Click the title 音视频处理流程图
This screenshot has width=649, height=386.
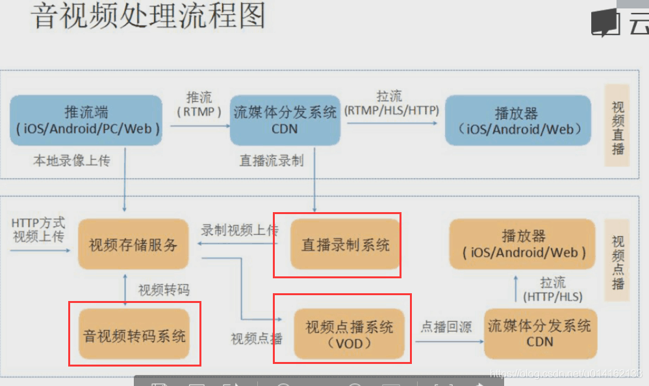149,16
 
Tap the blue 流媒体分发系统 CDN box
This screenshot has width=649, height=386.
285,120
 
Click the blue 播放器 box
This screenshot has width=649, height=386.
518,120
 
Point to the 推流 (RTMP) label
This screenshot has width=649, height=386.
199,104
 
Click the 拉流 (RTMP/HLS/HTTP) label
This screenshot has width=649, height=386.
391,104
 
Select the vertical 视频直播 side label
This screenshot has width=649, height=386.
617,127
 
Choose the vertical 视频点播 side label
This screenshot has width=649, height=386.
617,262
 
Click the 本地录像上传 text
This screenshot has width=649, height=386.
71,160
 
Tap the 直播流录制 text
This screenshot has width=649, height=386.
272,160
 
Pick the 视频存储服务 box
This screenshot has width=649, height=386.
133,245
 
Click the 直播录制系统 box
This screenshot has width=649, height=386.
345,245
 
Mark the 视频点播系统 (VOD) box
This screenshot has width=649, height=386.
350,334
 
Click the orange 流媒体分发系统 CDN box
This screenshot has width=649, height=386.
539,333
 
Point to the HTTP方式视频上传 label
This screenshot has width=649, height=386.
38,230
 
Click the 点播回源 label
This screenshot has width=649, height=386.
446,326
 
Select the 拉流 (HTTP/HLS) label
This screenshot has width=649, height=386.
553,289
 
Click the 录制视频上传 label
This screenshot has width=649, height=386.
239,230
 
